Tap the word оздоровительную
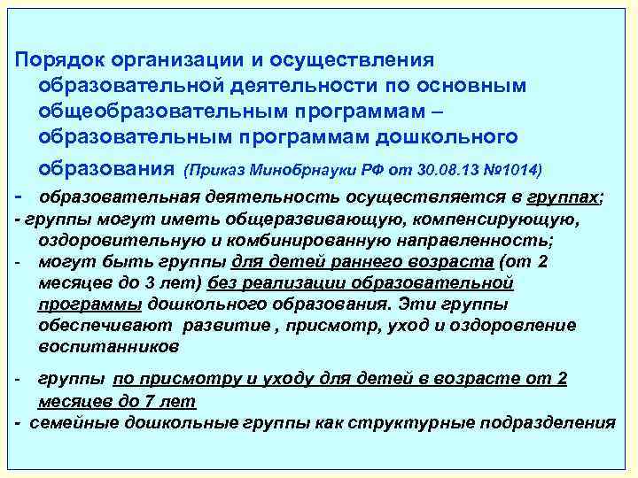tap(115, 240)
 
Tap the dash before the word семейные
tap(19, 421)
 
